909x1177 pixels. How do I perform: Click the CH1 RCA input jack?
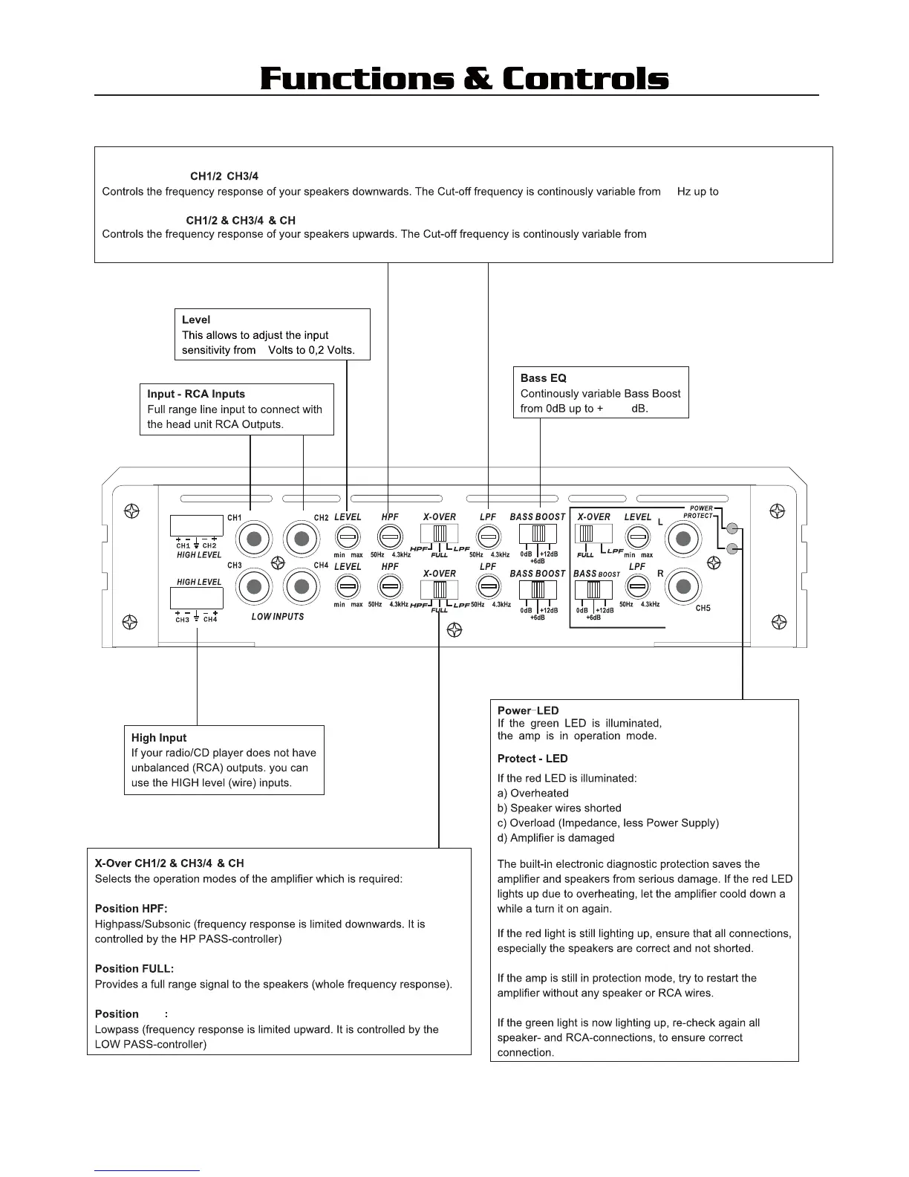[255, 539]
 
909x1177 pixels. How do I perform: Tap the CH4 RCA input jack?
[301, 588]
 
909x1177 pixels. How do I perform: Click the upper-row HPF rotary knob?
[390, 536]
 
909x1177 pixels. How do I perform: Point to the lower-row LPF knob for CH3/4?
[487, 587]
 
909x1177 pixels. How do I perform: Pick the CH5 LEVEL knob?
[637, 536]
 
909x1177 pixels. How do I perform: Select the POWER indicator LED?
[732, 529]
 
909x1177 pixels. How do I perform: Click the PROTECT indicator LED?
[732, 549]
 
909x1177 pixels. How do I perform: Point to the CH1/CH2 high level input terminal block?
[196, 525]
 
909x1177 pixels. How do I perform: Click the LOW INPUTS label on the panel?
[278, 617]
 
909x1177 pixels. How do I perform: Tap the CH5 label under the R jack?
[703, 609]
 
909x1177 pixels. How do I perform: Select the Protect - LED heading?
[532, 759]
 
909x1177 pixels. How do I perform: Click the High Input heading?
[159, 738]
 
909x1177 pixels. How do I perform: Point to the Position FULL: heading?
[134, 969]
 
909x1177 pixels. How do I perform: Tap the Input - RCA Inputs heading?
[196, 394]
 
